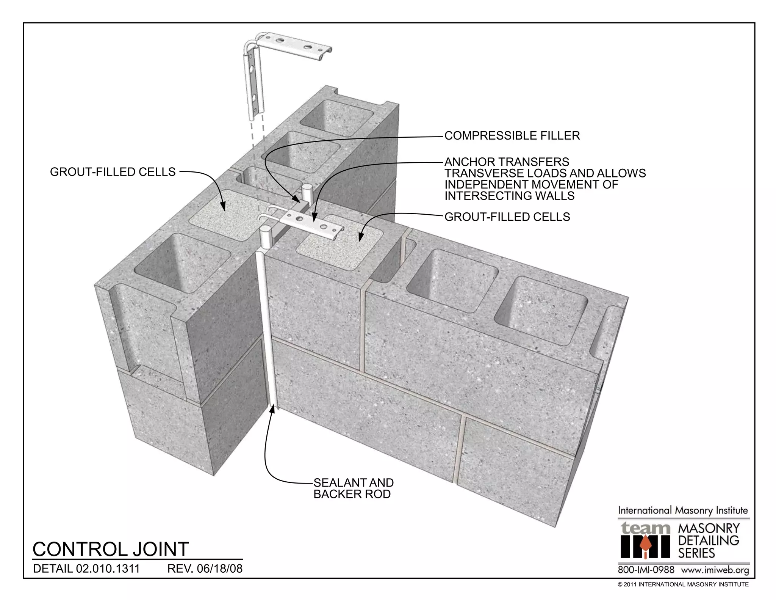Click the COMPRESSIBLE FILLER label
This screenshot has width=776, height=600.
tap(512, 136)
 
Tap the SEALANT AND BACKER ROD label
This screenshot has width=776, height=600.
tap(353, 488)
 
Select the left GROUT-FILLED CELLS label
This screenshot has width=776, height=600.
tap(113, 172)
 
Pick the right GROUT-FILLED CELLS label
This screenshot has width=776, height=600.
tap(507, 217)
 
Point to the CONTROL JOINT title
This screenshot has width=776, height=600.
tap(111, 549)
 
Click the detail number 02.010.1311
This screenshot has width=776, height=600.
tap(108, 569)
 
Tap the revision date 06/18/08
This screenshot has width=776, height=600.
tap(220, 569)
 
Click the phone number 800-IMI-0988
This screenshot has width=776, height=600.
tap(646, 570)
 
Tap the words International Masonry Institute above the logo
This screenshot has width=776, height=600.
tap(683, 510)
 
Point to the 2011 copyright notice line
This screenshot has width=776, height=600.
tap(683, 584)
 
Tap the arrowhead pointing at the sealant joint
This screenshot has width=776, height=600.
tap(272, 409)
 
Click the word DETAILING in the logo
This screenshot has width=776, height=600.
tap(709, 540)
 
